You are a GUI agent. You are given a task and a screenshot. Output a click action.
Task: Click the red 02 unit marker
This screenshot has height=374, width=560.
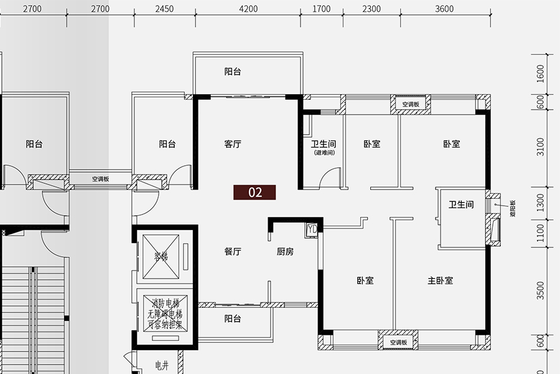click(x=255, y=192)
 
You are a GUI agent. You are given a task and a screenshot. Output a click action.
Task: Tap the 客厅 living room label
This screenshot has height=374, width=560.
click(x=233, y=144)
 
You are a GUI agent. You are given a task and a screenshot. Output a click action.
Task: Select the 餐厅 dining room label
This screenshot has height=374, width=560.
click(x=233, y=252)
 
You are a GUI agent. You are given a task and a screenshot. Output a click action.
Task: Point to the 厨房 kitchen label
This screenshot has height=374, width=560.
click(x=285, y=252)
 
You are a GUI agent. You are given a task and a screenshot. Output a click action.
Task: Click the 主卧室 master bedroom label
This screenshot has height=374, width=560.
click(x=441, y=280)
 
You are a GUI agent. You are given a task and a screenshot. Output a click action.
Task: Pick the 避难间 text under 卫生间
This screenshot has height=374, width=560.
click(x=324, y=153)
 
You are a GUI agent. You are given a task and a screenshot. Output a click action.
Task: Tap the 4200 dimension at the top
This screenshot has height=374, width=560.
click(x=248, y=9)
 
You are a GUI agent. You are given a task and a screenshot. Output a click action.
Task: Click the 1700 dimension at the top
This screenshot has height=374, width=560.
click(x=321, y=9)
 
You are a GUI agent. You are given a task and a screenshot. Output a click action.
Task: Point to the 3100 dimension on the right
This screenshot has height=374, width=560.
click(x=540, y=146)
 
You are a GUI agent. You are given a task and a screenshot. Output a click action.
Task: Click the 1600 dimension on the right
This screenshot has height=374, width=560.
click(x=540, y=74)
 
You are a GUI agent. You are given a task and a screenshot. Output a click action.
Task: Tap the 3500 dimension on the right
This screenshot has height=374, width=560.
click(x=540, y=290)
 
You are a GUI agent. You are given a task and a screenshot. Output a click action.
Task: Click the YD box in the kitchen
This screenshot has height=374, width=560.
click(x=312, y=229)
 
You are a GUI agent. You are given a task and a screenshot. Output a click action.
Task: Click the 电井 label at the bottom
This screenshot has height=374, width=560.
click(x=162, y=366)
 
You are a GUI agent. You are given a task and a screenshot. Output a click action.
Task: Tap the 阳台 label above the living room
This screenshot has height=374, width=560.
click(x=233, y=72)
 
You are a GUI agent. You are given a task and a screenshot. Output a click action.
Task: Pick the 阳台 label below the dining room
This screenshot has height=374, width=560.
click(x=233, y=319)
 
